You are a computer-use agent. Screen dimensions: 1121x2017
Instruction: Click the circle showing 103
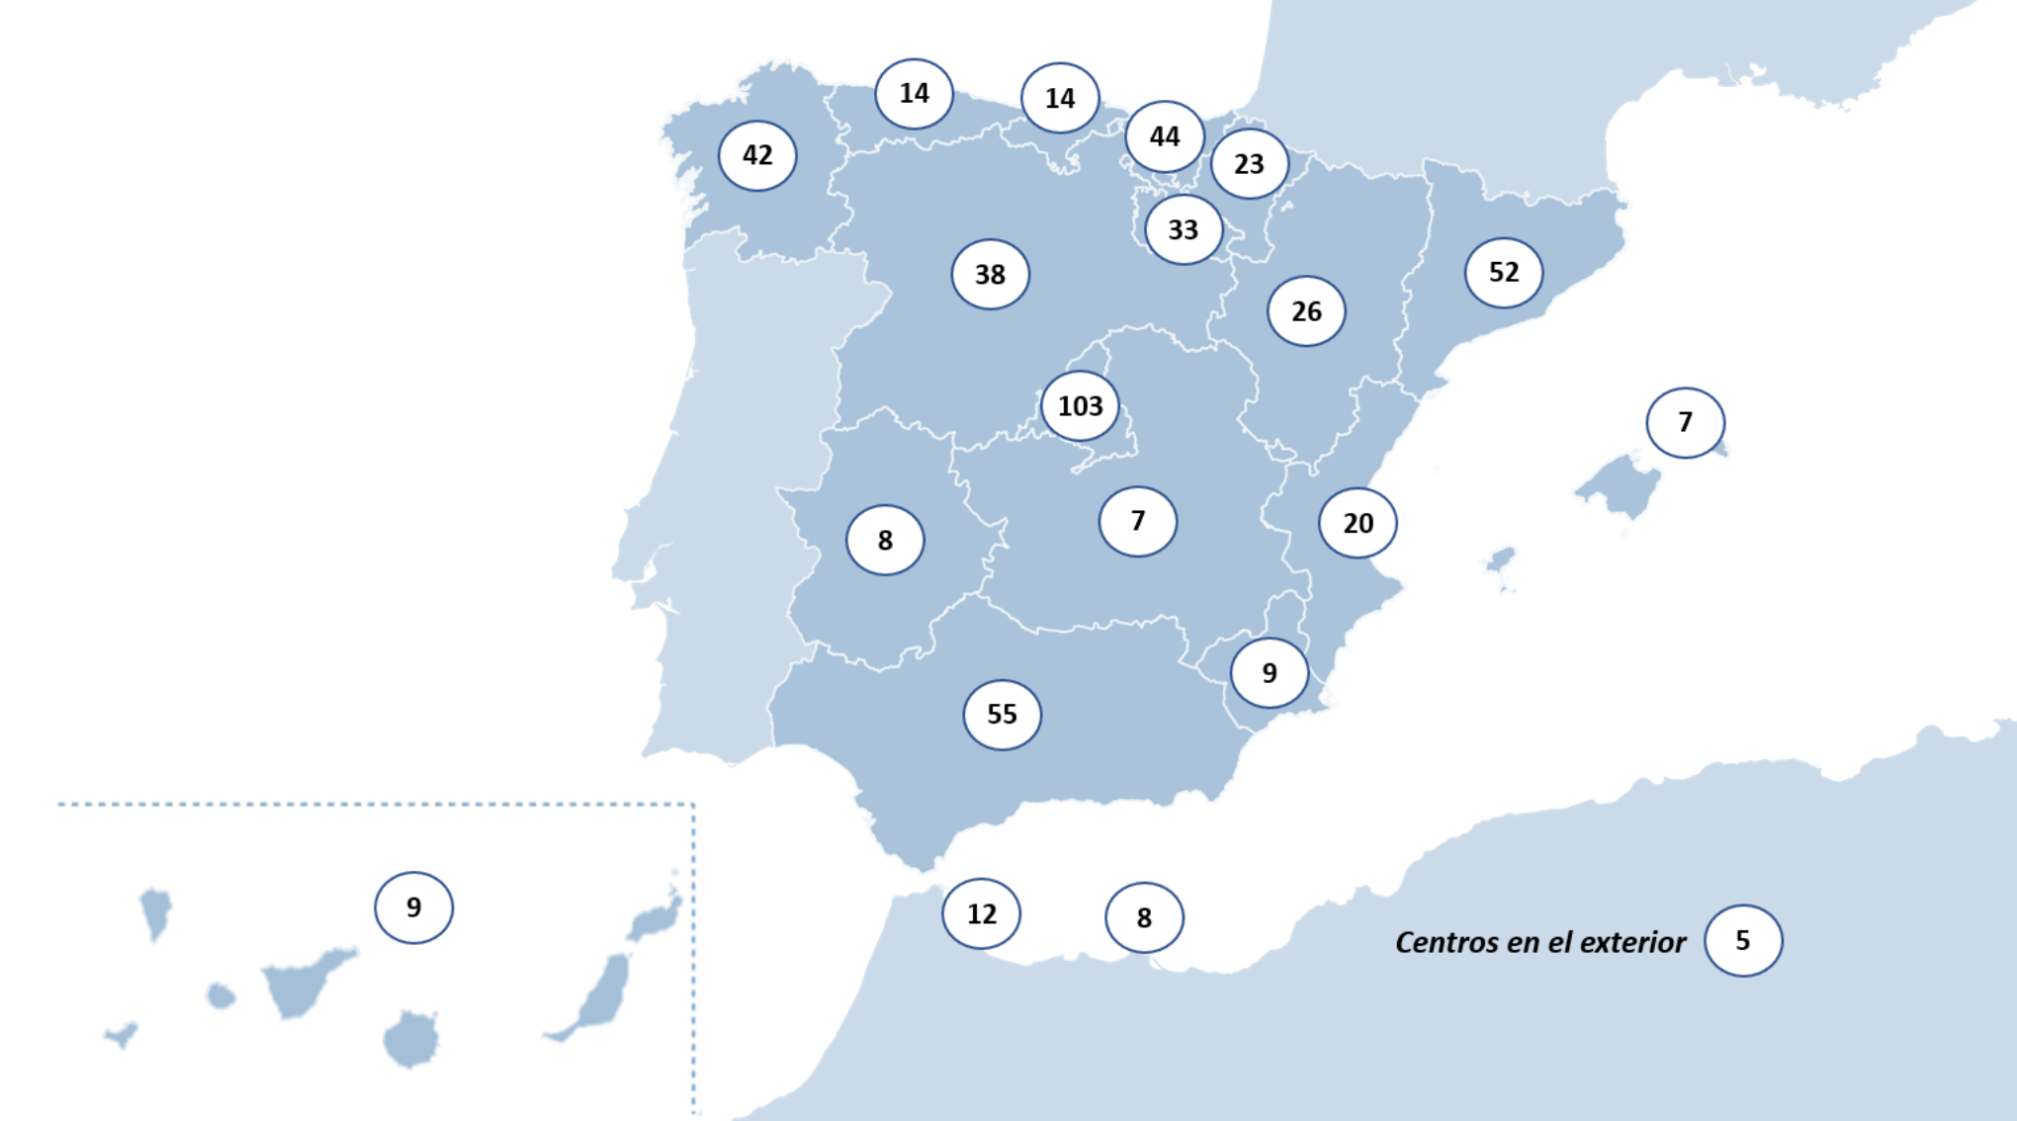[x=1080, y=405]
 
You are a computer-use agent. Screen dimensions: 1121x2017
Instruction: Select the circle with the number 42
[x=757, y=155]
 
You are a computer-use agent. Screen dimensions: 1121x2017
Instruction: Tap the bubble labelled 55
[x=1002, y=714]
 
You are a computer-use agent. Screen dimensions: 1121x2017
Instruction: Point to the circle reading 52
[x=1503, y=272]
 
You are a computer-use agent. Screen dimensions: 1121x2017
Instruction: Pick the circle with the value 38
[x=990, y=274]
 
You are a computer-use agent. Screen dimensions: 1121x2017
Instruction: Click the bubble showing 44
[x=1164, y=135]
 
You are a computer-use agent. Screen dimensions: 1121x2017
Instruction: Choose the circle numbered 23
[x=1249, y=163]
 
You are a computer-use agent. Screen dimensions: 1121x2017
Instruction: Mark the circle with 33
[x=1183, y=229]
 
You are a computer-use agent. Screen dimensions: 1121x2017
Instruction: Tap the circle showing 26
[x=1306, y=311]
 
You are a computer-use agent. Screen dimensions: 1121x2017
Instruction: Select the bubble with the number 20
[x=1358, y=523]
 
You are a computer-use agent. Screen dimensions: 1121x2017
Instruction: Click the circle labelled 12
[x=981, y=913]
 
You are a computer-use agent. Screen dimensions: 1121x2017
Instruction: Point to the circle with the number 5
[x=1742, y=940]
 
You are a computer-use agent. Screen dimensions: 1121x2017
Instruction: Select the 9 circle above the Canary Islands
[x=413, y=906]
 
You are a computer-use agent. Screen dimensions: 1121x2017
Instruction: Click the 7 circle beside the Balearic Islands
[x=1685, y=422]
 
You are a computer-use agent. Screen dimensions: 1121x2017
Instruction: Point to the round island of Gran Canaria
[x=411, y=1038]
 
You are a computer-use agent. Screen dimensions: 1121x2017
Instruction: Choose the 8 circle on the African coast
[x=1144, y=917]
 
